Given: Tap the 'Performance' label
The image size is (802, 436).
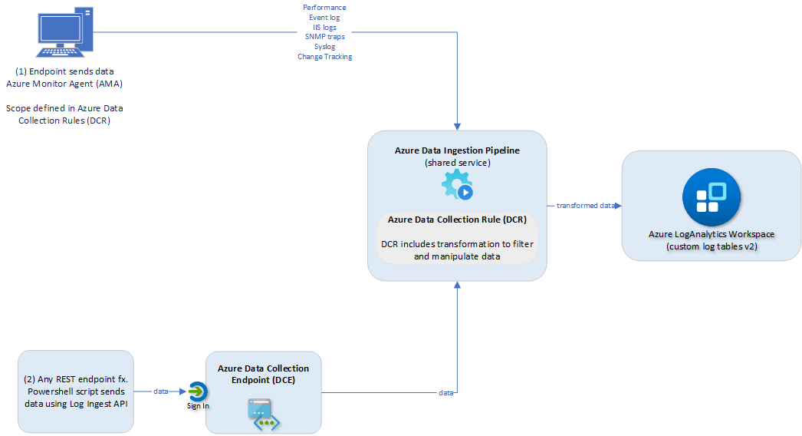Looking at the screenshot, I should pyautogui.click(x=324, y=8).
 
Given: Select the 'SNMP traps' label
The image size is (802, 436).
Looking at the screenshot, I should pyautogui.click(x=324, y=37).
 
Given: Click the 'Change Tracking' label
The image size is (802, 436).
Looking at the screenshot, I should pyautogui.click(x=324, y=57).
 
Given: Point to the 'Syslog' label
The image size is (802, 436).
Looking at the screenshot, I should pyautogui.click(x=324, y=47).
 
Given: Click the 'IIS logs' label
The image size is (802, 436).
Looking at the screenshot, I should pyautogui.click(x=324, y=28).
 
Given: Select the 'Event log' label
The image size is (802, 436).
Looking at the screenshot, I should pyautogui.click(x=324, y=18).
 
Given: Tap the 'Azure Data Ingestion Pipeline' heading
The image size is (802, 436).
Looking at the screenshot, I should pyautogui.click(x=456, y=150).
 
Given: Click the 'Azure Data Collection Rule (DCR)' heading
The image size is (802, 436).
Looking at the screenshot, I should pyautogui.click(x=456, y=220).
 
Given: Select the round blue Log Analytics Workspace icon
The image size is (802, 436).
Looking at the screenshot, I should pyautogui.click(x=711, y=197).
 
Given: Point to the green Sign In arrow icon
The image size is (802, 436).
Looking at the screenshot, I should pyautogui.click(x=198, y=391).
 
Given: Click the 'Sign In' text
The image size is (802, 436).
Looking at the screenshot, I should pyautogui.click(x=198, y=405).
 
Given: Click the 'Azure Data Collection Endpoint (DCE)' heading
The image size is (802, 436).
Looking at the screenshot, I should pyautogui.click(x=263, y=374).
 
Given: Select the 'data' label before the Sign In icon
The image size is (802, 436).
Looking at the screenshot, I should pyautogui.click(x=161, y=391).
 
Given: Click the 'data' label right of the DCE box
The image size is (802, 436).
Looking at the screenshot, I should pyautogui.click(x=445, y=393).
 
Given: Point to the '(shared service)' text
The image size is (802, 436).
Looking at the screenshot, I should pyautogui.click(x=456, y=162).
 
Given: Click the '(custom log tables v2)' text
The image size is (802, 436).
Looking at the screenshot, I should pyautogui.click(x=711, y=246).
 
